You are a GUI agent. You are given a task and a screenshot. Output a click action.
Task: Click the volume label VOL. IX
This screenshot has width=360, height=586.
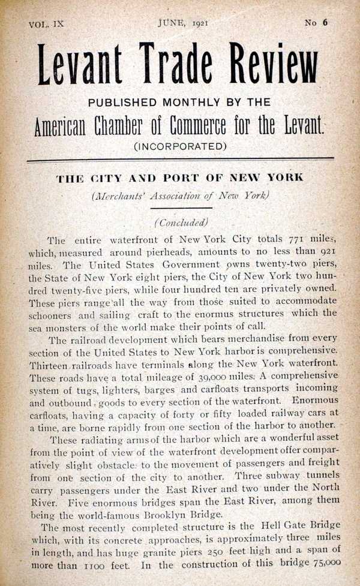pyautogui.click(x=46, y=25)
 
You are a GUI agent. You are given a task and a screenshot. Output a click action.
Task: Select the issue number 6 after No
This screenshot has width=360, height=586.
pyautogui.click(x=325, y=23)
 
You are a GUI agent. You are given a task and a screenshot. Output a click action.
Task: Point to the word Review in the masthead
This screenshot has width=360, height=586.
pyautogui.click(x=271, y=65)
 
